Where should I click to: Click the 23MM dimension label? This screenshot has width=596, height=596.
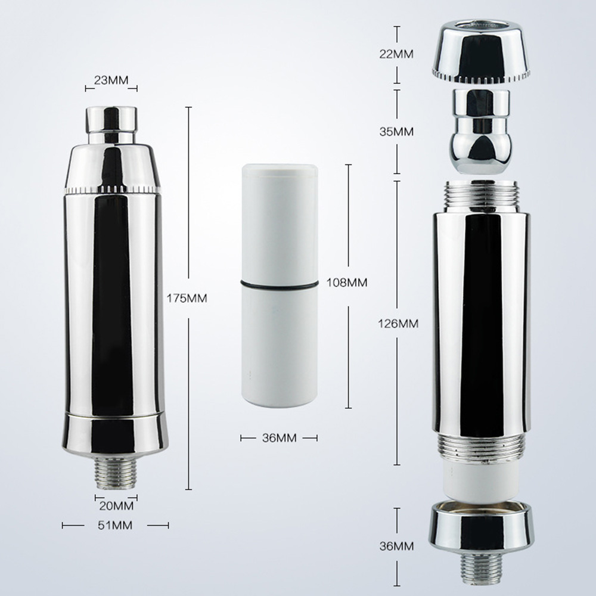tap(111, 80)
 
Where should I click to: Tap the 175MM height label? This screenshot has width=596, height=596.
tap(187, 299)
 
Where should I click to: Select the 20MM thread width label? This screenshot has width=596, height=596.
tap(116, 506)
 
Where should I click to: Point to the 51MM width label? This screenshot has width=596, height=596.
tap(115, 525)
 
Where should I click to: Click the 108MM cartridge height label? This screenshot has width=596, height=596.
tap(347, 283)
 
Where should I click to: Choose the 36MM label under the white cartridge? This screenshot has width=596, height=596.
tap(279, 438)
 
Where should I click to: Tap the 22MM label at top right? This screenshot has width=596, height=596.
tap(396, 54)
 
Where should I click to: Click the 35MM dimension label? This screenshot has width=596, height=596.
tap(396, 132)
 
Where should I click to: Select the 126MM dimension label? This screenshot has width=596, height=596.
tap(398, 324)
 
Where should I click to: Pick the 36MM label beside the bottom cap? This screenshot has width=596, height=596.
tap(396, 546)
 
